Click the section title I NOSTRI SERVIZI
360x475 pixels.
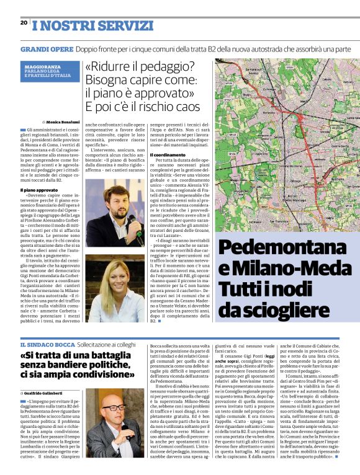click(75, 25)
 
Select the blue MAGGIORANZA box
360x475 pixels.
click(49, 71)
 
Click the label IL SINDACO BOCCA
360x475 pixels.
click(47, 344)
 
